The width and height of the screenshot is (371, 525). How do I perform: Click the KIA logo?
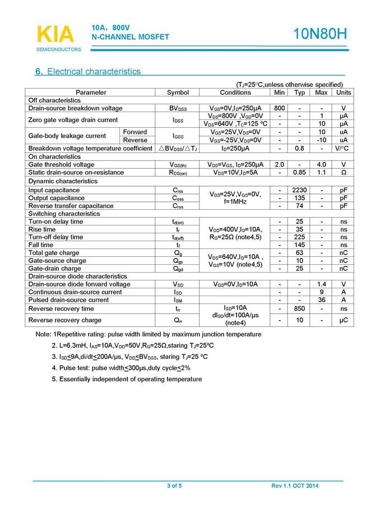(x=55, y=35)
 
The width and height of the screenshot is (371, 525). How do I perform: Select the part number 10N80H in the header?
(x=320, y=34)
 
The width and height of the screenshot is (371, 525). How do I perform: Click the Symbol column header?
(x=178, y=92)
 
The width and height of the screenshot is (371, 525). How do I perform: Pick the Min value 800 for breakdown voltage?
(x=280, y=108)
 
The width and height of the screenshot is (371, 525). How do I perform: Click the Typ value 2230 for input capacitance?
(x=300, y=190)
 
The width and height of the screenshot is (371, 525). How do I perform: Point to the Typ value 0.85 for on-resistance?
(x=300, y=173)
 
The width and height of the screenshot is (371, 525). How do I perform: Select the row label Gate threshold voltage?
(x=61, y=164)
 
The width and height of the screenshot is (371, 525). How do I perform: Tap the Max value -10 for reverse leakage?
(x=321, y=140)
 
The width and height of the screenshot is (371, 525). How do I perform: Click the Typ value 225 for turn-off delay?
(x=300, y=237)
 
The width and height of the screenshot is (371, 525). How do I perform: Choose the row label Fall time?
(x=41, y=245)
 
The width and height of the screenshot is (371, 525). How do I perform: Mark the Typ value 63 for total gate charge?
(x=300, y=253)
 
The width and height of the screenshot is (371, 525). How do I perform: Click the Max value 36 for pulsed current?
(x=321, y=300)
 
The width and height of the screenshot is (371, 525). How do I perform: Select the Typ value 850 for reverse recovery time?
(x=300, y=308)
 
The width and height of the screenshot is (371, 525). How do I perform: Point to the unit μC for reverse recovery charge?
(x=343, y=320)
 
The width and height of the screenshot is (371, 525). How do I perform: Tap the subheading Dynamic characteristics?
(x=63, y=181)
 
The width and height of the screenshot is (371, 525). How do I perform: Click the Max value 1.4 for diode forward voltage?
(x=321, y=284)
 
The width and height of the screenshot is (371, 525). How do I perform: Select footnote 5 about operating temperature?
(x=127, y=379)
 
